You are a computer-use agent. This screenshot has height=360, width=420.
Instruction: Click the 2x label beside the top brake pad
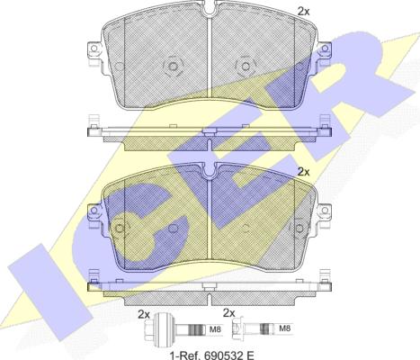[x=303, y=11]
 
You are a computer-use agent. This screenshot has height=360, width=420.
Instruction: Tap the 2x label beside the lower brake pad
[x=303, y=171]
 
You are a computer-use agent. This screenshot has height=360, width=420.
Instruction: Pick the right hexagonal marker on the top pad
[x=241, y=67]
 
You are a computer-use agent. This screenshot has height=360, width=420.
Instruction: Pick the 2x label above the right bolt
[x=228, y=313]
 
